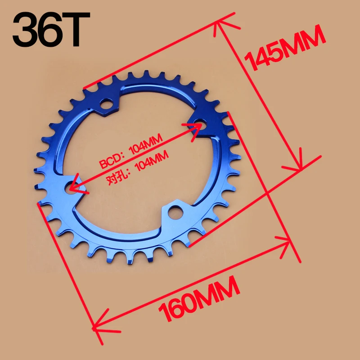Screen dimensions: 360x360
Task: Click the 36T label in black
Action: tap(51, 29)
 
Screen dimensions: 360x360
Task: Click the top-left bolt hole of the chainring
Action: tap(107, 104)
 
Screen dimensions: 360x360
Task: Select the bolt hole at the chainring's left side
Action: tap(72, 187)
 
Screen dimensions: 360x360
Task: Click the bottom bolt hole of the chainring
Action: tap(175, 212)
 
